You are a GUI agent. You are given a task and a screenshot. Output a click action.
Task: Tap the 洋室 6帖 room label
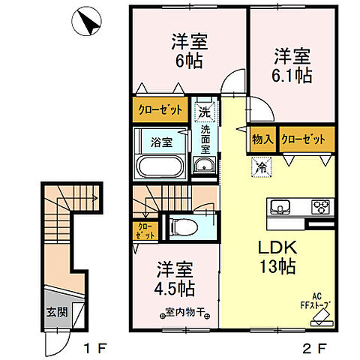(x=188, y=51)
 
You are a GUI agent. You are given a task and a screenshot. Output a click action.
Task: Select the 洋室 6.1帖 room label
(x=291, y=65)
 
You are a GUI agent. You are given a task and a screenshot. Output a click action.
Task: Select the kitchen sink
(x=280, y=207)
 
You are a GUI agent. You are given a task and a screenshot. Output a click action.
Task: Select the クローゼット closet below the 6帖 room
(x=160, y=110)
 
